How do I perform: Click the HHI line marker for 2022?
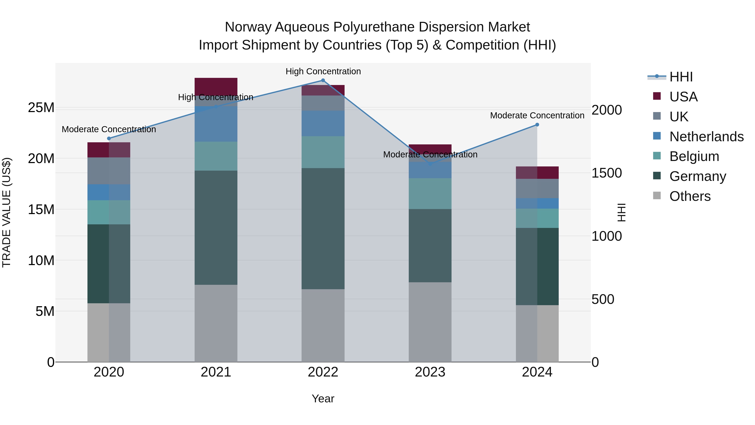(323, 80)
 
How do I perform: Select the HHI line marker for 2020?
(109, 139)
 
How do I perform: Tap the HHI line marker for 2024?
(537, 125)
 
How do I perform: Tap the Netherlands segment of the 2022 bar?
(323, 123)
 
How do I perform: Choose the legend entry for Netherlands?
(706, 136)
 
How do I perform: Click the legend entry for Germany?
(698, 176)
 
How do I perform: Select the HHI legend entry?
(681, 77)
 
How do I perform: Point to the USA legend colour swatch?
(657, 96)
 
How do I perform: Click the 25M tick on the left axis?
(41, 108)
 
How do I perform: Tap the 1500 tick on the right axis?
(606, 173)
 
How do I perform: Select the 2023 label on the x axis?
(430, 372)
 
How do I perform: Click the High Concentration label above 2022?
(323, 71)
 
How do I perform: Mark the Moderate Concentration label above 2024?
(537, 116)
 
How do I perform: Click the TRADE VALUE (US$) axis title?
(7, 212)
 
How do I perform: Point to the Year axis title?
(323, 399)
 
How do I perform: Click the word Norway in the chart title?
(248, 27)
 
